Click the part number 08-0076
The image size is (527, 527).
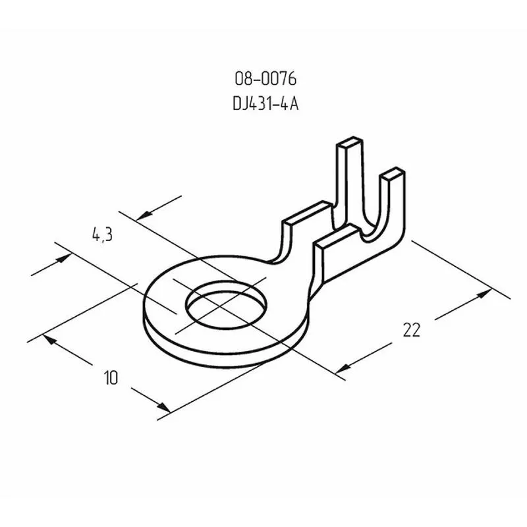265,79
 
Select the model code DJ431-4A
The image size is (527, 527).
265,104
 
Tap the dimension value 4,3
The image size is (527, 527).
103,235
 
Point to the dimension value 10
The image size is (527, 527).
111,377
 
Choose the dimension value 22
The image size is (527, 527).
412,330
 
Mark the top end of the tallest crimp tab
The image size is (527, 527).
350,142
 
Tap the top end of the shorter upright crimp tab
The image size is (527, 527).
392,172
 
